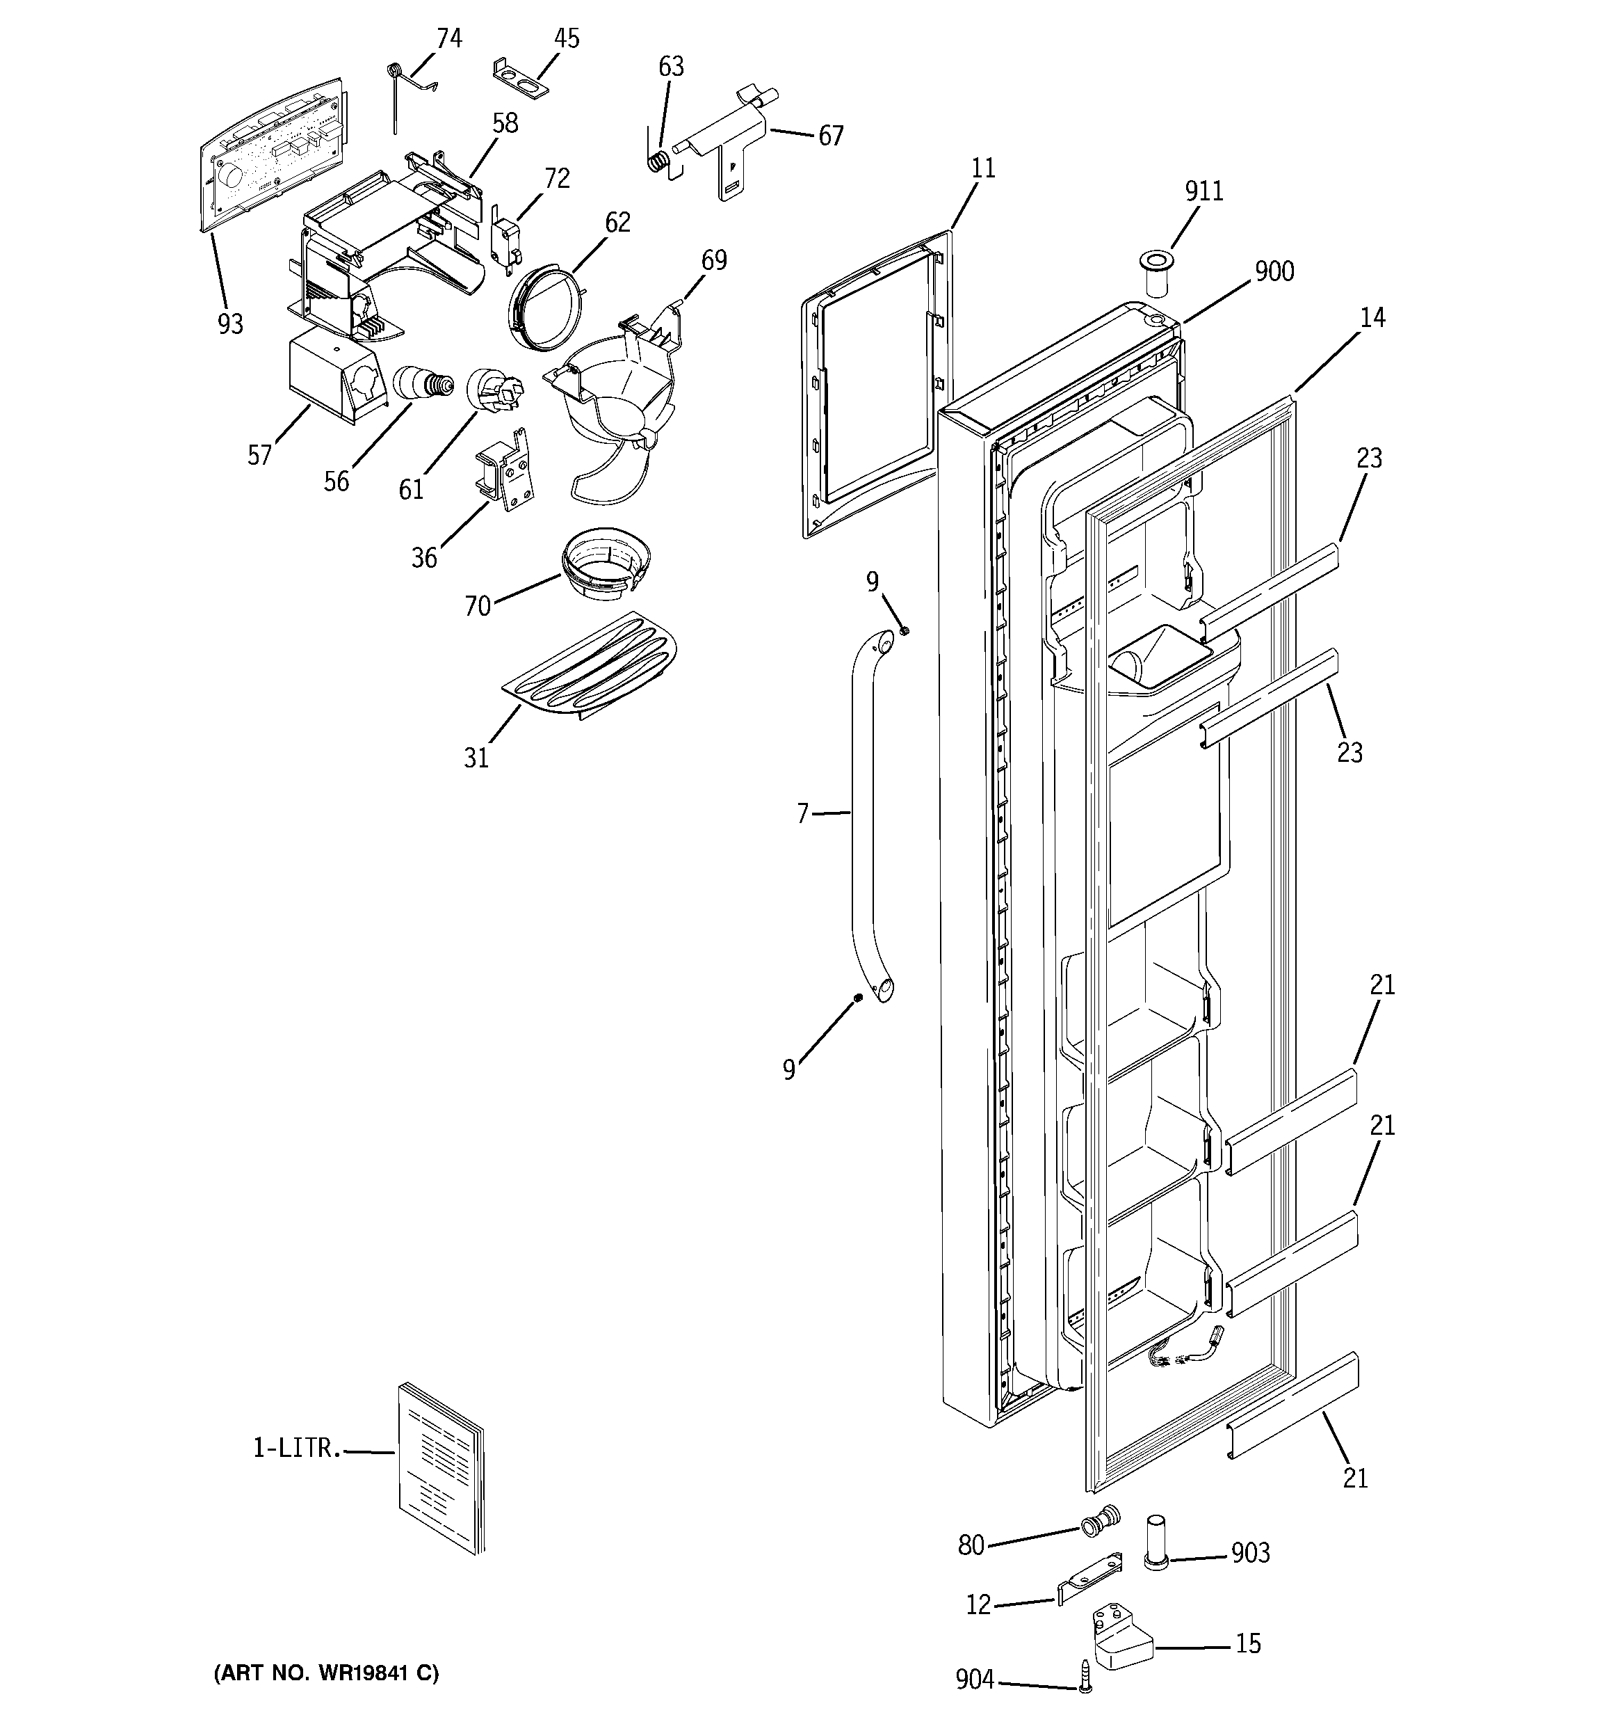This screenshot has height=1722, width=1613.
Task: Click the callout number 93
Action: click(x=230, y=324)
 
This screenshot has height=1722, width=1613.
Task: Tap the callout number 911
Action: click(x=1204, y=191)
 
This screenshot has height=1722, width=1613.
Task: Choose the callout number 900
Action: click(x=1274, y=272)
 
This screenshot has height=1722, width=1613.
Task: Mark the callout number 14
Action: click(x=1372, y=318)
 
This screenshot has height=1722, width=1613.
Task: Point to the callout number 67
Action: click(x=830, y=136)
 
